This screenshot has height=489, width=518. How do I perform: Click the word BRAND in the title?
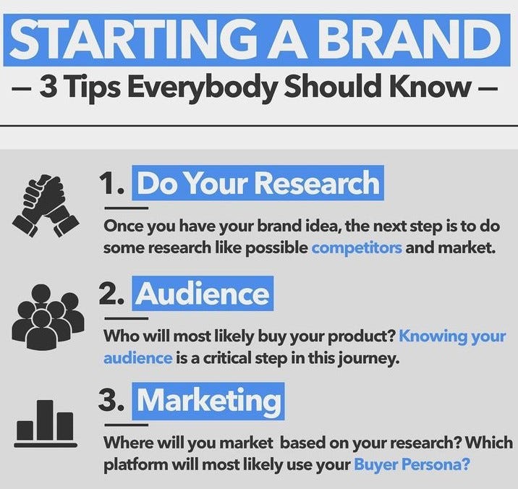[x=409, y=40]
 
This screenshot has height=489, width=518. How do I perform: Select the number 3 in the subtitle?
[x=48, y=87]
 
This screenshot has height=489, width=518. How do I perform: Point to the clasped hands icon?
[x=46, y=205]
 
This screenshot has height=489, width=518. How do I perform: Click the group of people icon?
[x=48, y=317]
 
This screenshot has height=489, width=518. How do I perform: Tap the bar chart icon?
[x=46, y=424]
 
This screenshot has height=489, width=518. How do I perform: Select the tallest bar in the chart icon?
[x=45, y=420]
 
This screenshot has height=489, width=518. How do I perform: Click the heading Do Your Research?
[x=258, y=183]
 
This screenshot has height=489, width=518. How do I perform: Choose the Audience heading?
[x=203, y=294]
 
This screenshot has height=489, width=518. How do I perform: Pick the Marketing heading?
[x=208, y=401]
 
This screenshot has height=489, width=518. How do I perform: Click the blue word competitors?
[x=357, y=248]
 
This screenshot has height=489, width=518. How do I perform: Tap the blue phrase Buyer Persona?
[x=412, y=464]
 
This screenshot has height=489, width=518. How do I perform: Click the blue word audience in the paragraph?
[x=137, y=358]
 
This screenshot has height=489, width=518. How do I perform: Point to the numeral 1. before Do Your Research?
[x=111, y=184]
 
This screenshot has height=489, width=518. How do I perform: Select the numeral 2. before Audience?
[x=111, y=294]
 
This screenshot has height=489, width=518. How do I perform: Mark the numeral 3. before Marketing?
[x=111, y=401]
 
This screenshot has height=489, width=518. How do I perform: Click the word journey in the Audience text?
[x=368, y=359]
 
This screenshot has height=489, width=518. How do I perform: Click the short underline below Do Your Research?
[x=127, y=208]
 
